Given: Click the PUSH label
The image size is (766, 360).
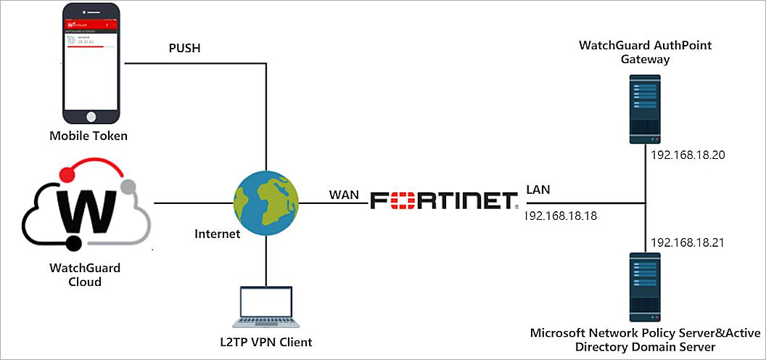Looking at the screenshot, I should tap(184, 49).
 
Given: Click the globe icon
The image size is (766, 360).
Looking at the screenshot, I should tap(266, 202).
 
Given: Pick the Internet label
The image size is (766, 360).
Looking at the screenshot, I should tap(217, 234).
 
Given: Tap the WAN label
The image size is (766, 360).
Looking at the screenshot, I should tap(345, 195).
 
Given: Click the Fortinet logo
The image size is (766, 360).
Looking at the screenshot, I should tap(443, 201).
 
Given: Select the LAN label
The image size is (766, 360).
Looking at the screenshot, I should tap(538, 189).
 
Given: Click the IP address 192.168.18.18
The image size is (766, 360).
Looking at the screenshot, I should tap(566, 216).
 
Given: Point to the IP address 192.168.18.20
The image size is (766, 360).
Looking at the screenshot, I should tap(687, 155).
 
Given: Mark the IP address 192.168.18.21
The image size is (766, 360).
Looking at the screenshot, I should tap(687, 242).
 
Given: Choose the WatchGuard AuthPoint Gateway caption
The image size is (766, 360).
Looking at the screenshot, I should tap(645, 52).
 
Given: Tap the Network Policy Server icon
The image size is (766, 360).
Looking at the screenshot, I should tap(644, 286).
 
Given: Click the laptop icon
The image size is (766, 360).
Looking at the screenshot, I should tap(266, 306).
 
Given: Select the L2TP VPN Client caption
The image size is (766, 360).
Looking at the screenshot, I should tap(265, 342).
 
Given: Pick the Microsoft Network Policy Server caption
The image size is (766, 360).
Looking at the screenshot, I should tap(644, 340).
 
